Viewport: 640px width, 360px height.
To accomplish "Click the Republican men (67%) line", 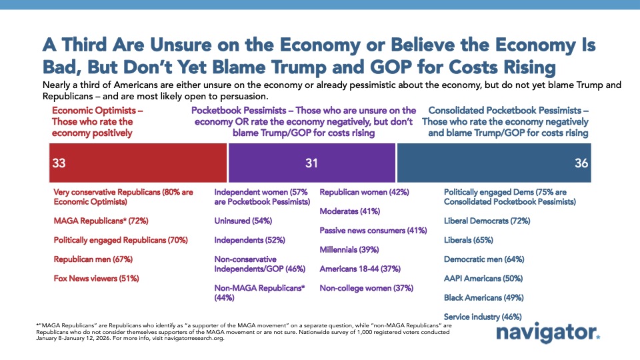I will coord(97,259).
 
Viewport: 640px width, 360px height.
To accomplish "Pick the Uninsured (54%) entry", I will coord(242,221).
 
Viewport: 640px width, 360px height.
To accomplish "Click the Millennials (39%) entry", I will coord(349,249).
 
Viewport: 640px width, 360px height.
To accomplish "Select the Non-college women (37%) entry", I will coord(366,288).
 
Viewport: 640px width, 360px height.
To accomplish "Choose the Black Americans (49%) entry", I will coord(483,297).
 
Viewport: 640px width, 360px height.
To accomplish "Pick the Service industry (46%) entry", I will coord(483,317).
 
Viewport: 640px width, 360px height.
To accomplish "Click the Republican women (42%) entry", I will coord(364,191).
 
